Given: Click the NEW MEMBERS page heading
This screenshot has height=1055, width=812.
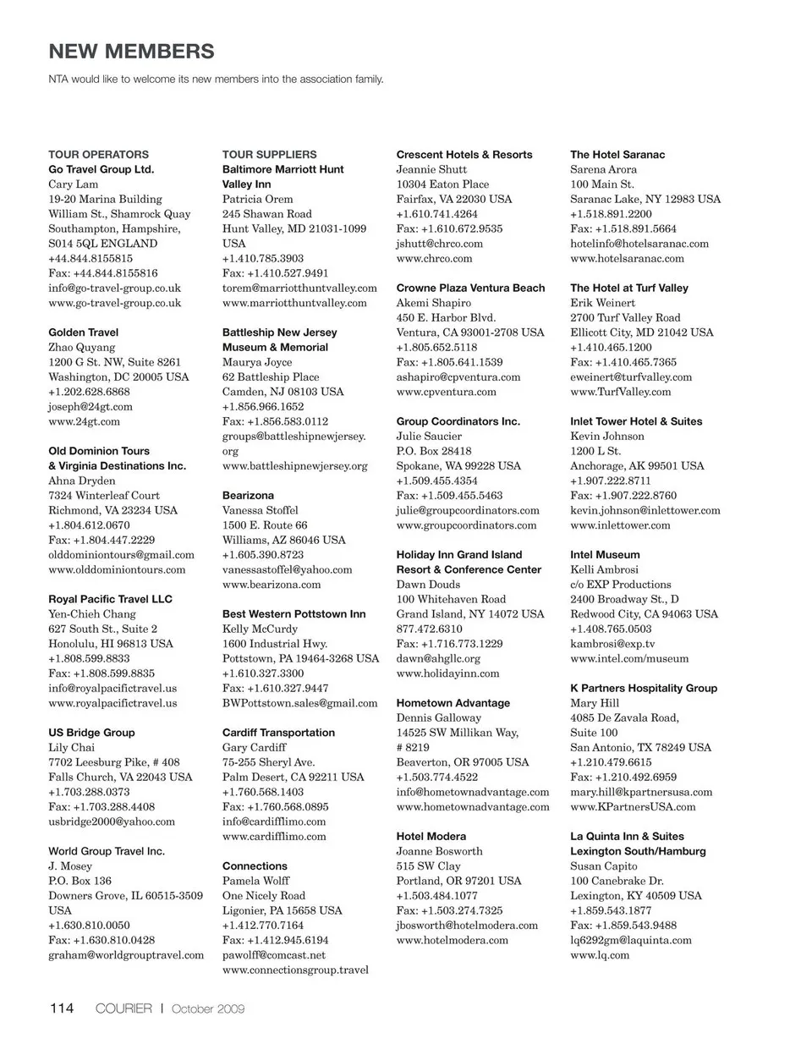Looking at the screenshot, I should pos(131,52).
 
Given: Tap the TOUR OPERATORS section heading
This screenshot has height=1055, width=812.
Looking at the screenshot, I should pos(98,155).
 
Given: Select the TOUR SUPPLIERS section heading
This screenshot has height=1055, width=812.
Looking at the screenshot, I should pos(269,155).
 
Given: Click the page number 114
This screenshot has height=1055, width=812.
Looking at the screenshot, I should pos(62,1008).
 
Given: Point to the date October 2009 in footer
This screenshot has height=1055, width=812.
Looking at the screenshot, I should pos(208,1008).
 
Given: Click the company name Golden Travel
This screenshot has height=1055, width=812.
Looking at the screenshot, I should pos(83,332).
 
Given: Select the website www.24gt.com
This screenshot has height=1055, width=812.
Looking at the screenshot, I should pos(84,421).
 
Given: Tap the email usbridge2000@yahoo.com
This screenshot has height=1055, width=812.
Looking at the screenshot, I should pos(112,821).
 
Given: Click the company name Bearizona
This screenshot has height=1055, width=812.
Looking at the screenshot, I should pos(248,496).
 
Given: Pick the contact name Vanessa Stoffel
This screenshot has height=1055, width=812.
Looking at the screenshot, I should pos(260,510).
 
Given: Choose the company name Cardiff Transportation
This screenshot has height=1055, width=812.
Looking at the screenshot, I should pos(278,733).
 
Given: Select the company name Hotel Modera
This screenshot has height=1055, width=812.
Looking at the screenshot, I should pos(431,837).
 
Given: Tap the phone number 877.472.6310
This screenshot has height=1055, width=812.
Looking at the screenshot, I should pos(429,629).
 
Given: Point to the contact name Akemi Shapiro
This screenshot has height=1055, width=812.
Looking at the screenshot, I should pos(433,303).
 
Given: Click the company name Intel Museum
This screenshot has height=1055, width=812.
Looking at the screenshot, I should pos(605,555).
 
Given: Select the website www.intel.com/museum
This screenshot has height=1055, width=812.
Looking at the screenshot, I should pos(628,658).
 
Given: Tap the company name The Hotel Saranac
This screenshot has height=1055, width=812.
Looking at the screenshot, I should pos(617,155).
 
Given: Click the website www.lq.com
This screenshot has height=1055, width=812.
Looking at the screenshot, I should pos(599,955).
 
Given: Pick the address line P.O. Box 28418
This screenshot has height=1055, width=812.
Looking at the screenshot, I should pos(433,451).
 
